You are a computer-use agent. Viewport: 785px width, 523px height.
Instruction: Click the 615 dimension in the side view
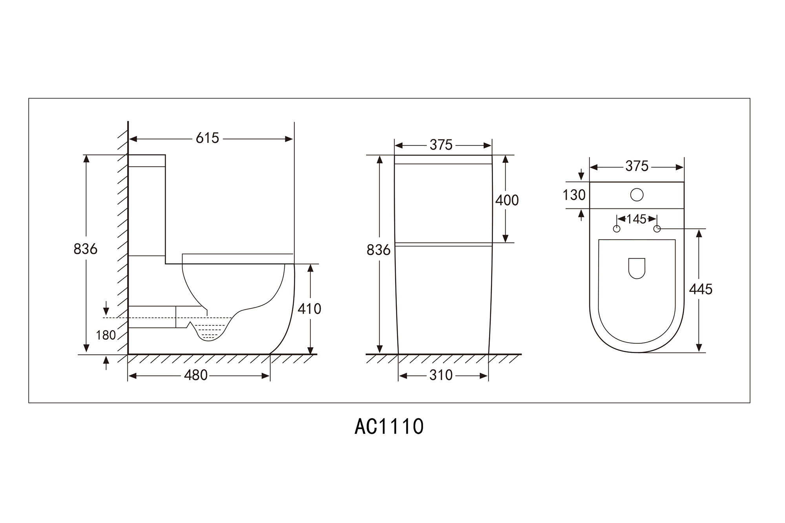(207, 138)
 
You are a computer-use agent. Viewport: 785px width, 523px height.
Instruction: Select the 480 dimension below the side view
(195, 375)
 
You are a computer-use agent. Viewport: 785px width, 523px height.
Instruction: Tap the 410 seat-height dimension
(309, 309)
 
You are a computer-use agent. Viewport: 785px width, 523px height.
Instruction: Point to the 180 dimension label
(106, 335)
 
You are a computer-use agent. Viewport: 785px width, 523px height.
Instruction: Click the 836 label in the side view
(85, 249)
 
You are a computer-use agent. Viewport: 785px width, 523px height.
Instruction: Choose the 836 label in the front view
(378, 250)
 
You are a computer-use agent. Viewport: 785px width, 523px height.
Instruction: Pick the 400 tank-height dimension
(507, 200)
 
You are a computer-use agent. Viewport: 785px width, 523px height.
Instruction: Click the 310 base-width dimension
(441, 375)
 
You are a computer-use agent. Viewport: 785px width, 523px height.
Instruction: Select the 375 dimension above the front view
(441, 145)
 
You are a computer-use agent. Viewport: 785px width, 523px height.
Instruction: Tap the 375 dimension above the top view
(637, 166)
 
